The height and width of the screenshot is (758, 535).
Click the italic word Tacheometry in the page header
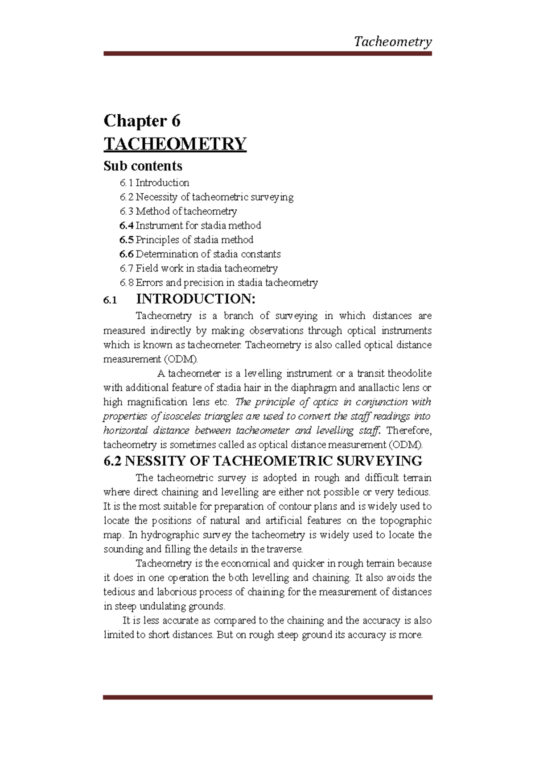[x=392, y=42]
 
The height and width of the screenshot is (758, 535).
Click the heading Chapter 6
[x=142, y=121]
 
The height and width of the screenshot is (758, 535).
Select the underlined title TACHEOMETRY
[x=175, y=144]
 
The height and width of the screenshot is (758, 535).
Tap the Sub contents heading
[x=143, y=166]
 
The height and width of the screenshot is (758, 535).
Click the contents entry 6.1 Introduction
[x=154, y=183]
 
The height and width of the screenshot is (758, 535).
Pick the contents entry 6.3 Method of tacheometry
[x=178, y=211]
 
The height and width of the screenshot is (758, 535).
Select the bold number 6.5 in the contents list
[x=126, y=240]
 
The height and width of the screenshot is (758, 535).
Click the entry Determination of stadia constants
[x=208, y=254]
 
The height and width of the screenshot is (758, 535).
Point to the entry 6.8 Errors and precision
[x=218, y=283]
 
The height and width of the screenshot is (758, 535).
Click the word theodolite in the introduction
[x=409, y=373]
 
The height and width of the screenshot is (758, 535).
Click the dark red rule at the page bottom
[x=267, y=697]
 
